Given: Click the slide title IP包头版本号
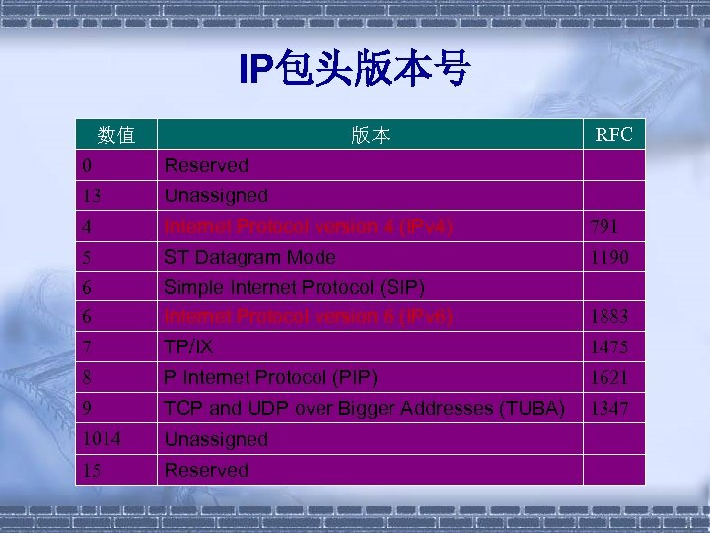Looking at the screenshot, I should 355,70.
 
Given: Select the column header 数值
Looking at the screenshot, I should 116,134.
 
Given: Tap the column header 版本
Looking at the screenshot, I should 370,136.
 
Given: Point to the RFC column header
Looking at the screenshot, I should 613,134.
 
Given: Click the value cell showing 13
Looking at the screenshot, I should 94,195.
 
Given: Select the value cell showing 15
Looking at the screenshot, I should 94,470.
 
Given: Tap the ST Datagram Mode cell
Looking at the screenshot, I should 249,257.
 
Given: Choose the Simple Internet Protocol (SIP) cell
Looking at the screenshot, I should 294,287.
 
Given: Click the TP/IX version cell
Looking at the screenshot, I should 188,347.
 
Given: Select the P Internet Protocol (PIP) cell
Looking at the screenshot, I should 270,377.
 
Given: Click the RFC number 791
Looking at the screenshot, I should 605,227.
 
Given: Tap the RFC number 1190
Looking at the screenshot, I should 609,257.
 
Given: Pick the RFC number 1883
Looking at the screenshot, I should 609,318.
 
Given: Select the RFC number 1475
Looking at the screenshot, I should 609,348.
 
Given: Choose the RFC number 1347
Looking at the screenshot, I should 609,408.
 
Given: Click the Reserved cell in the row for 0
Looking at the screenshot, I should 206,165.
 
